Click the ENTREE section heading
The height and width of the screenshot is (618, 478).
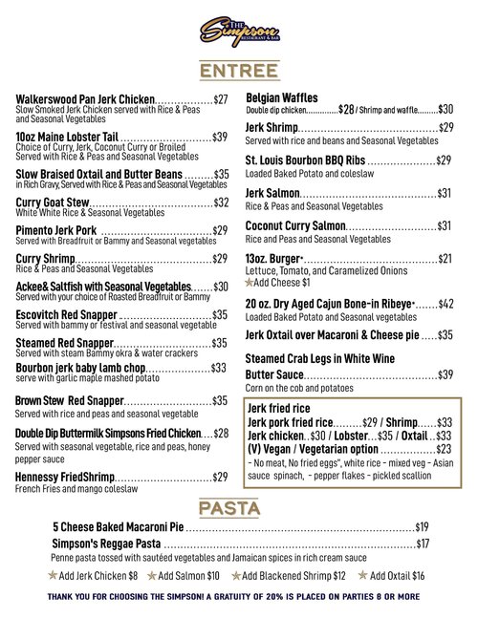tap(239, 73)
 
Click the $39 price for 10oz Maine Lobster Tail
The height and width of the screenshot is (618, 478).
tap(220, 138)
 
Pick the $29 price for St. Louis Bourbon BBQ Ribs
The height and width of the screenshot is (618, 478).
tap(445, 160)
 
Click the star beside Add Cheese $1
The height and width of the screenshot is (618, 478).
tap(250, 283)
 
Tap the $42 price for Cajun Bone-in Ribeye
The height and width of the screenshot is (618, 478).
tap(445, 304)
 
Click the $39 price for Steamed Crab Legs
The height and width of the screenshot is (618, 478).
tap(445, 374)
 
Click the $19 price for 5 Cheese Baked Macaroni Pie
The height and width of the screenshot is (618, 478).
tap(422, 526)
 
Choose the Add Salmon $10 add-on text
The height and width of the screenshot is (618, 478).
tap(188, 576)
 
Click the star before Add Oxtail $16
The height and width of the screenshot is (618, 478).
tap(361, 576)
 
